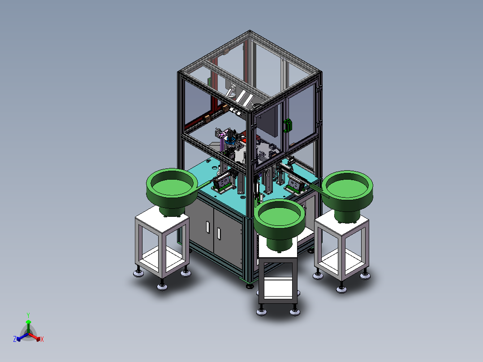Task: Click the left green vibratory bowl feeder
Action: point(172,191)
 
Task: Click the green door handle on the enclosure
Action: point(288,125)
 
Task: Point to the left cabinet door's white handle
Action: point(208,227)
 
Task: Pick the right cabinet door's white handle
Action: point(219,233)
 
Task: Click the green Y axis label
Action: point(28,315)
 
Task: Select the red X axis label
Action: point(42,339)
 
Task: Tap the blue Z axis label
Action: point(15,339)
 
